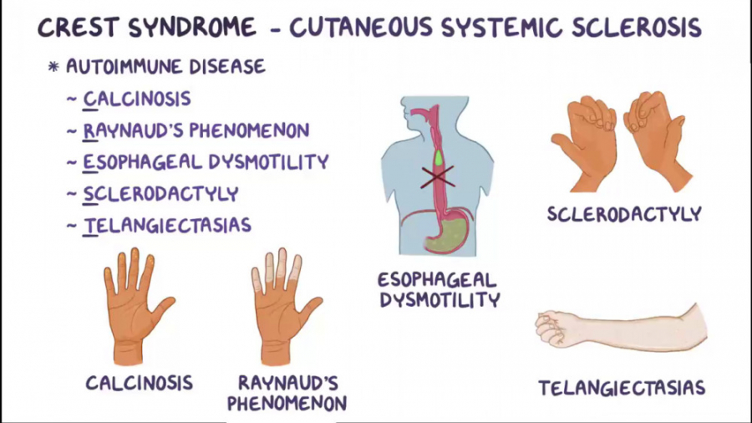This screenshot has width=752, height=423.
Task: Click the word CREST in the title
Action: point(79,28)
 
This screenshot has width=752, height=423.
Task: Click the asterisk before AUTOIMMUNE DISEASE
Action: point(53,67)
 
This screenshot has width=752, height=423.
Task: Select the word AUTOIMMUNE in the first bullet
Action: point(124,67)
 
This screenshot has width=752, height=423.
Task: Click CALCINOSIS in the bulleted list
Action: point(137,99)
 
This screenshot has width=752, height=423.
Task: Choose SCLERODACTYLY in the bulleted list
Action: point(160,194)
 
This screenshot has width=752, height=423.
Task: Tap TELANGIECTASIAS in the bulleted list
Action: point(167,226)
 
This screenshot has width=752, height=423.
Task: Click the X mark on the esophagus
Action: point(436,176)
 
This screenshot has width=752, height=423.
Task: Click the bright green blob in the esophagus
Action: point(439,157)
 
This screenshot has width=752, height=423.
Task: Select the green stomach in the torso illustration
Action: point(449,235)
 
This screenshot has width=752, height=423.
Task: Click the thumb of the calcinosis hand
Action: point(164,308)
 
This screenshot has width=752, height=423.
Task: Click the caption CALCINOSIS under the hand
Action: point(140,383)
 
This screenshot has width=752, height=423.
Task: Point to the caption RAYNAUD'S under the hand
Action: point(287,383)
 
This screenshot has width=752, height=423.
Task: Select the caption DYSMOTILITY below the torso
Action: point(440,301)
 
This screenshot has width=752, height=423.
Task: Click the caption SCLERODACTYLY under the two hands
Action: point(624,214)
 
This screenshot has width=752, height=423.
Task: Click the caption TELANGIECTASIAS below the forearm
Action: point(622,388)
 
